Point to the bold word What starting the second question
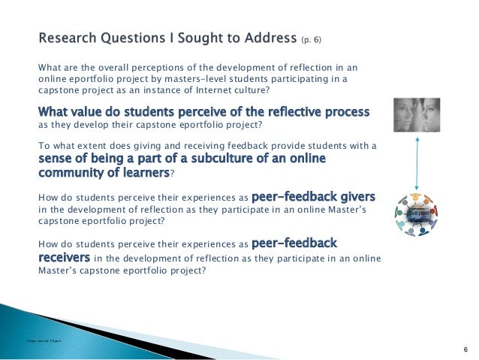(x=56, y=111)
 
